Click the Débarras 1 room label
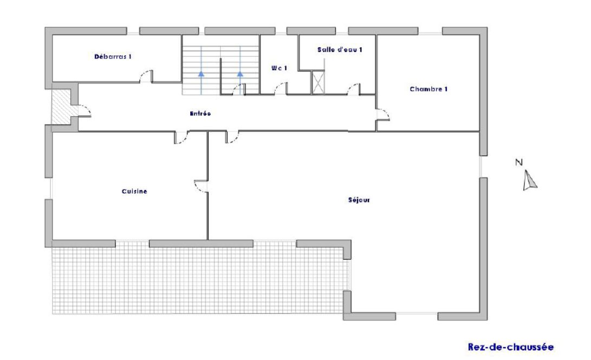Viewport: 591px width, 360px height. (x=113, y=57)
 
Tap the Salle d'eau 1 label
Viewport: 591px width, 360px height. (x=340, y=50)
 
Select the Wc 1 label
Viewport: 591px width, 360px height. (x=279, y=68)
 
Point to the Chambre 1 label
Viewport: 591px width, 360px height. (x=428, y=89)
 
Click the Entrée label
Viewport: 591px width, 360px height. (x=200, y=113)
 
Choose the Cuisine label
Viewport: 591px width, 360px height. (x=134, y=191)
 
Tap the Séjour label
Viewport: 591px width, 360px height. (x=359, y=200)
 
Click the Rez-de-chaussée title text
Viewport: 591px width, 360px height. (x=511, y=347)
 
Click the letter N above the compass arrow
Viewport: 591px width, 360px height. (x=519, y=162)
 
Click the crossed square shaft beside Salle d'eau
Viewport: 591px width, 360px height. (x=318, y=82)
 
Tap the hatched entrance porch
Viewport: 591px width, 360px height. (x=61, y=107)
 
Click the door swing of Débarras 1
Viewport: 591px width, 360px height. (x=146, y=76)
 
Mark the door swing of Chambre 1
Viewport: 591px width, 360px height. (x=382, y=114)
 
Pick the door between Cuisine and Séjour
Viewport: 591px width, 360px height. (x=202, y=186)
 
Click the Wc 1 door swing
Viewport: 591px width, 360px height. (x=281, y=88)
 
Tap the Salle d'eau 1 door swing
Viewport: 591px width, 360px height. (x=354, y=89)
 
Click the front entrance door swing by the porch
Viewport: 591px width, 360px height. (x=85, y=111)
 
